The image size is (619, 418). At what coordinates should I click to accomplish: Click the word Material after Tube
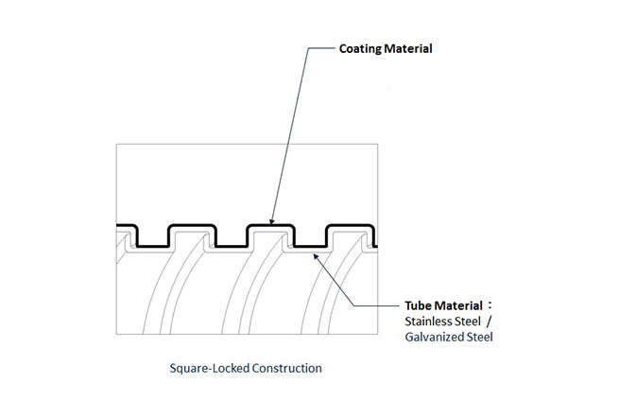(459, 305)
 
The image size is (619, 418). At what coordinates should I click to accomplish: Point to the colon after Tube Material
(491, 305)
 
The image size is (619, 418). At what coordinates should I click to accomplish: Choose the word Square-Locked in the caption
(203, 368)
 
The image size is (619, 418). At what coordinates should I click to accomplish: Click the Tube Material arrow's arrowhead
(315, 253)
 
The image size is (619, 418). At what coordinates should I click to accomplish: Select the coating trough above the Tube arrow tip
(310, 246)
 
